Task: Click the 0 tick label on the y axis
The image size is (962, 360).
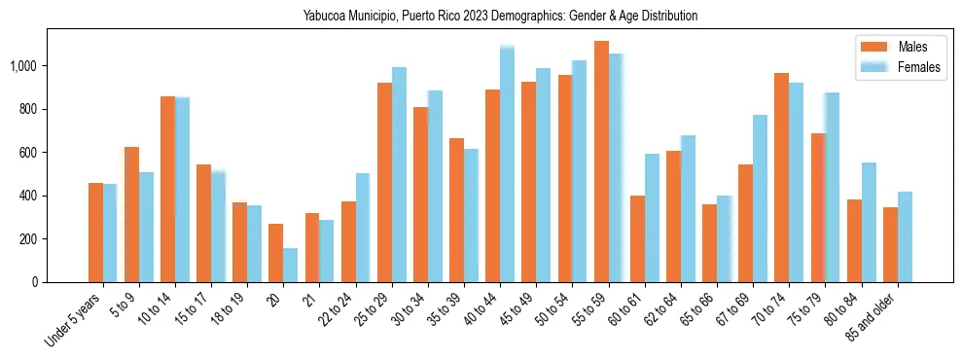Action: point(37,282)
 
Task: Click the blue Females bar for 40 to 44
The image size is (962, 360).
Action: point(507,164)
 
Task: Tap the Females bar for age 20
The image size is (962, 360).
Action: point(290,265)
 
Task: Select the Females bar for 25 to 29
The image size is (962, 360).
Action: point(399,174)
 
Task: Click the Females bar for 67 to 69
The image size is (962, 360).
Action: point(760,198)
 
